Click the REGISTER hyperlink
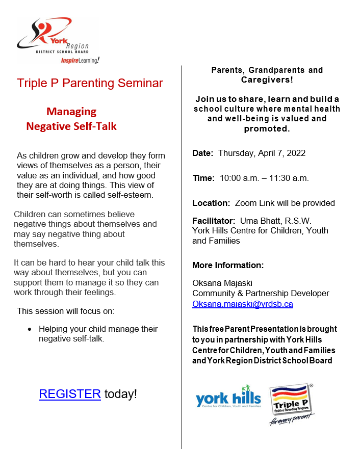(x=69, y=394)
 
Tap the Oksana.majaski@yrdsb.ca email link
(x=242, y=304)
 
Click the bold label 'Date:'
(x=203, y=153)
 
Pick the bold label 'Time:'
(x=203, y=178)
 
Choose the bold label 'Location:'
(x=211, y=203)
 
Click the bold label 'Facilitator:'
(x=214, y=221)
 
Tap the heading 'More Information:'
(x=228, y=265)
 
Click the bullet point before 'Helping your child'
(x=30, y=329)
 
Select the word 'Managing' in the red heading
(x=71, y=112)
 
